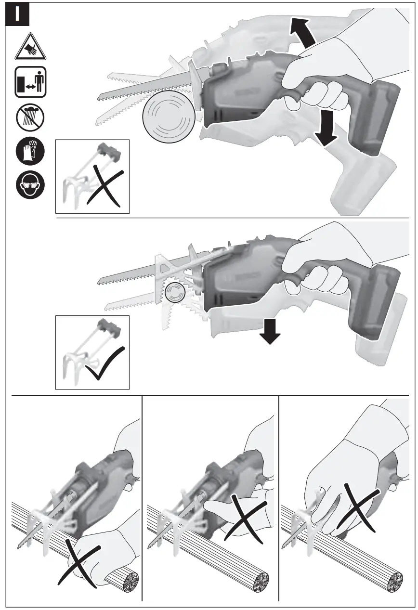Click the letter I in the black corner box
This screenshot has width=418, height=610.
[17, 14]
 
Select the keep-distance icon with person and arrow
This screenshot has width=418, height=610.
[31, 82]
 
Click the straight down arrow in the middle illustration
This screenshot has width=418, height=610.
[271, 333]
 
